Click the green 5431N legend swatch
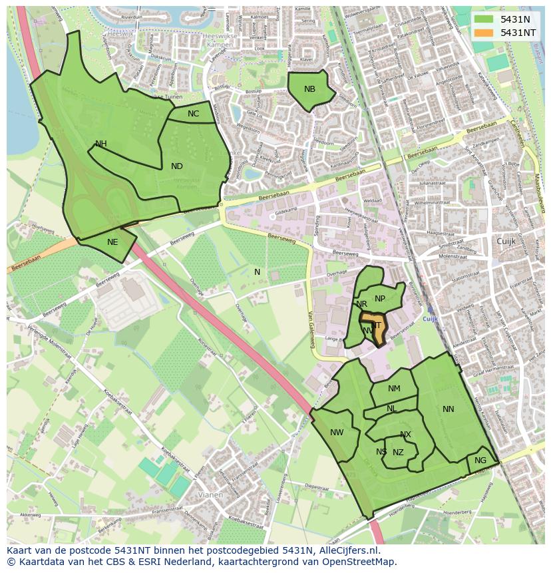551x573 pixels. (484, 19)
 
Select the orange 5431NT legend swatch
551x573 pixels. (484, 33)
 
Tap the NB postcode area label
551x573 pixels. (309, 89)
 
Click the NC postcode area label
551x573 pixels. (193, 114)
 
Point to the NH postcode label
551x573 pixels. (100, 144)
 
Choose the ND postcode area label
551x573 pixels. (176, 166)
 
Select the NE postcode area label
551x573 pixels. (112, 242)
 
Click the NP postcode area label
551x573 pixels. (380, 299)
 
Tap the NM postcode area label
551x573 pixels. (394, 389)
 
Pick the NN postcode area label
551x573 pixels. (448, 409)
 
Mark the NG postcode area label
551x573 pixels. (480, 461)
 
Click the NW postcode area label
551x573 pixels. (337, 433)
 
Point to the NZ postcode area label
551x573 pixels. (398, 453)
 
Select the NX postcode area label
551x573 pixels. (405, 435)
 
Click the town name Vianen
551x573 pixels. (211, 495)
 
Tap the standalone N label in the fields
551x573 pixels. (257, 272)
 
